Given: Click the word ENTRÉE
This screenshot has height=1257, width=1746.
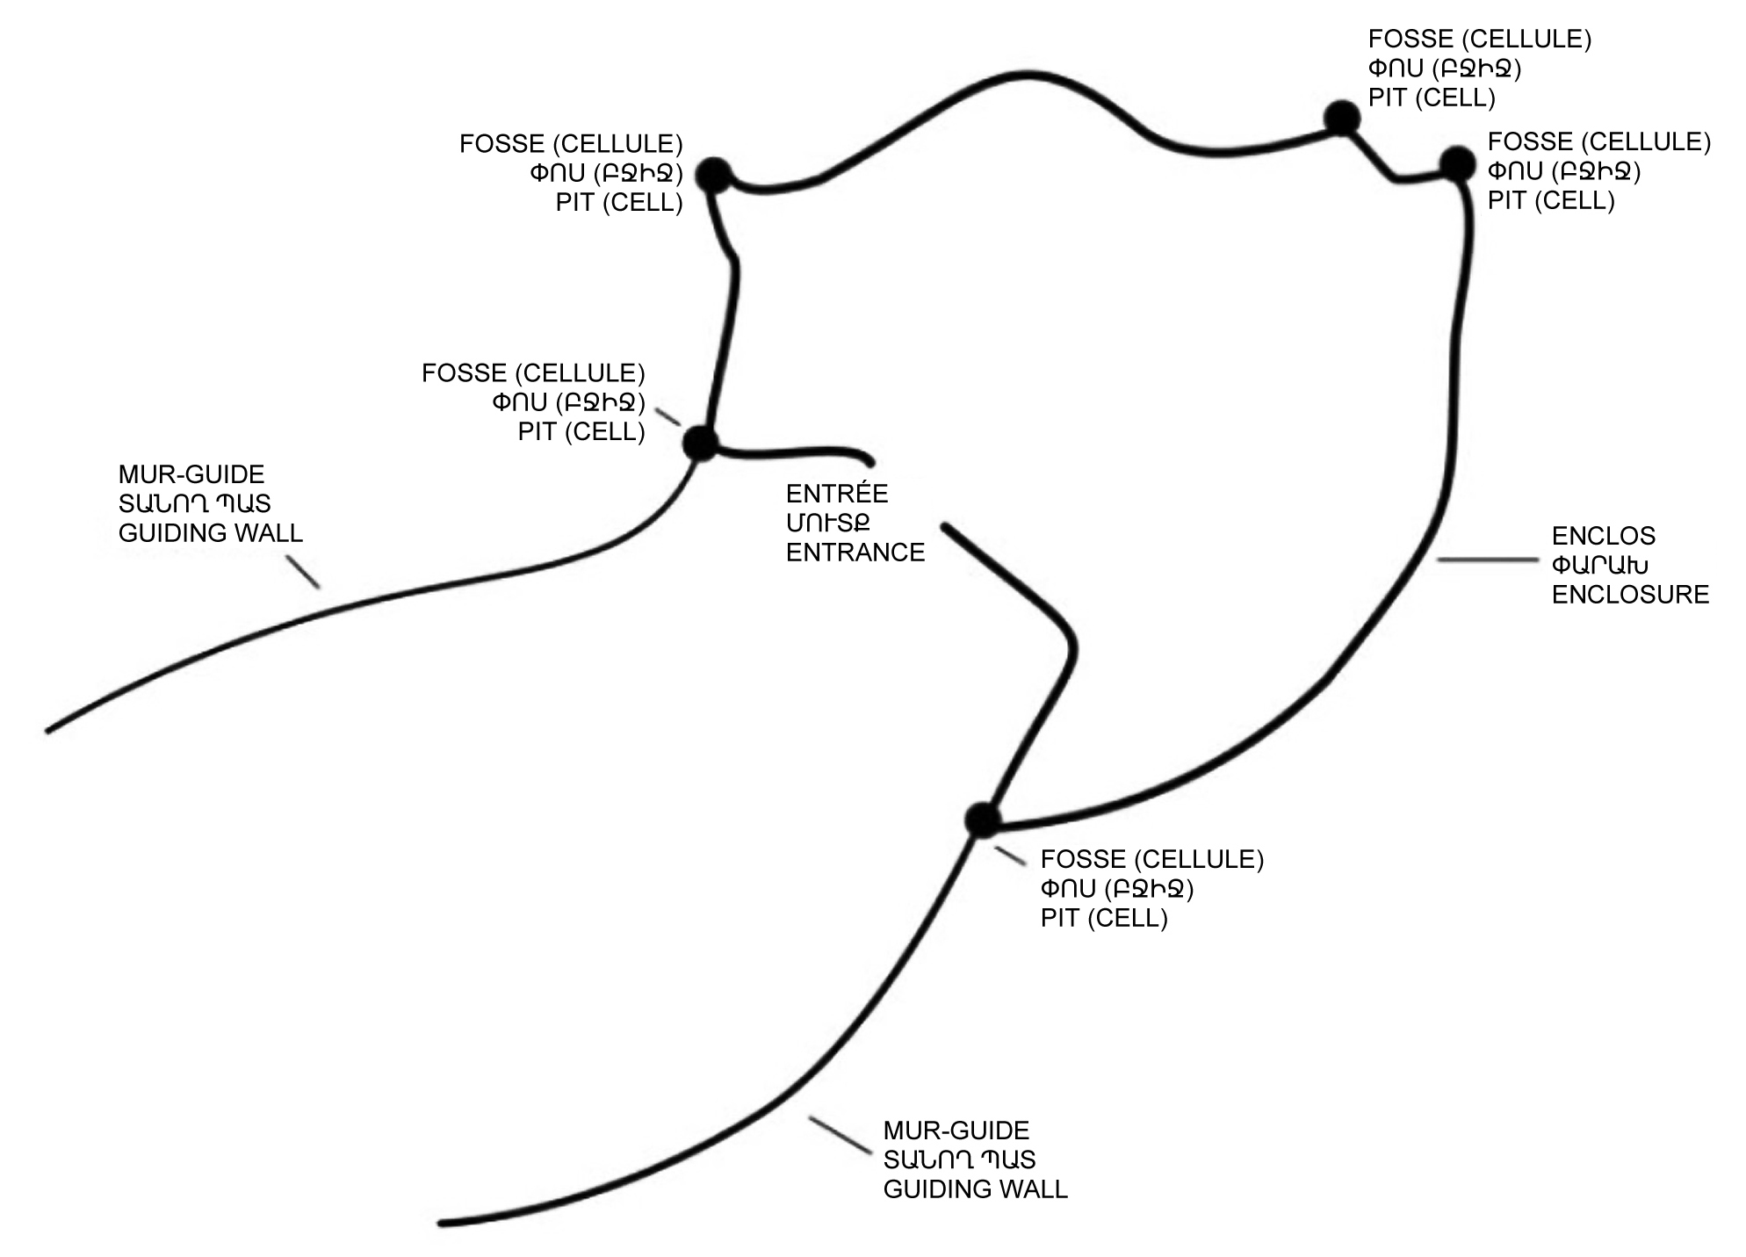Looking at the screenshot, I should click(837, 493).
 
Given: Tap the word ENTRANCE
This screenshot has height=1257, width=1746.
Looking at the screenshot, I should click(855, 552).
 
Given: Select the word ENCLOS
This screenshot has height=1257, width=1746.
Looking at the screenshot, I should click(1603, 535).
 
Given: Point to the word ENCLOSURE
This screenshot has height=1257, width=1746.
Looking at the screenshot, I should click(1630, 594).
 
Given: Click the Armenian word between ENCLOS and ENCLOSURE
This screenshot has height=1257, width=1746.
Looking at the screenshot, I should click(1599, 565).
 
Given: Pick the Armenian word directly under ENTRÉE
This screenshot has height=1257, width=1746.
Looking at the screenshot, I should click(827, 523).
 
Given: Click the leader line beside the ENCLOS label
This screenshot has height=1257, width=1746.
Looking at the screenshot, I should click(1487, 560).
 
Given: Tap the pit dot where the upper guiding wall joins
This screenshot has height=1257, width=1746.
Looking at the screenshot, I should click(701, 443).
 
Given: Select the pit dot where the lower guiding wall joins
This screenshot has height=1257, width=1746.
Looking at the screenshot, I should click(983, 820).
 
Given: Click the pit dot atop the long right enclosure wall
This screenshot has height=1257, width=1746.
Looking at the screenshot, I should click(1458, 164).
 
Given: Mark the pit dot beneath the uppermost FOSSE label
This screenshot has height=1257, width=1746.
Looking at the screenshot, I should click(1342, 118).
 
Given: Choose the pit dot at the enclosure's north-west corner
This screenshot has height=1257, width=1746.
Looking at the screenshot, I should click(714, 176).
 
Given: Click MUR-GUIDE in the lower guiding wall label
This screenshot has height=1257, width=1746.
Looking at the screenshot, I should click(956, 1130).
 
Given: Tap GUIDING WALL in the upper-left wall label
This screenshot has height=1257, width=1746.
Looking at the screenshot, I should click(211, 532).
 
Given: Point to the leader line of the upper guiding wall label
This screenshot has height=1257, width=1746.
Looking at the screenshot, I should click(304, 572).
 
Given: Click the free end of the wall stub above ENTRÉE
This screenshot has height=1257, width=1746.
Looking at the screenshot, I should click(870, 463).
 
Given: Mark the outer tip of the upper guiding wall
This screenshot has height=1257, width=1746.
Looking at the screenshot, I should click(49, 730).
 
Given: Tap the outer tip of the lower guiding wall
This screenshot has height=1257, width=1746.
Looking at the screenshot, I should click(442, 1223).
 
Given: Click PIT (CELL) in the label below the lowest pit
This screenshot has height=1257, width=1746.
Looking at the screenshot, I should click(1104, 918).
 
